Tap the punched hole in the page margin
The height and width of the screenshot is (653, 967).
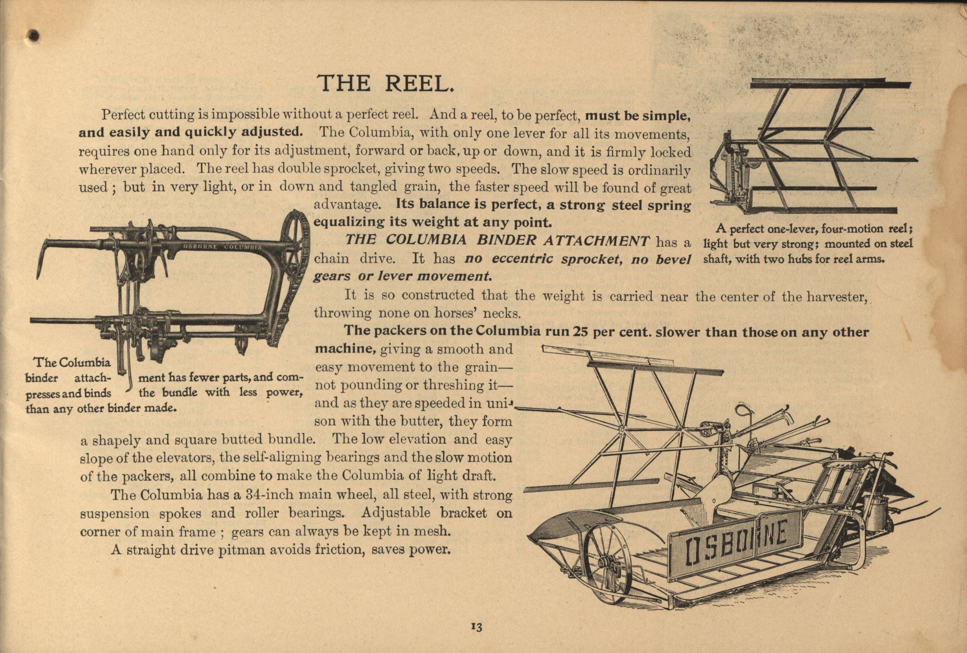coord(34,36)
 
